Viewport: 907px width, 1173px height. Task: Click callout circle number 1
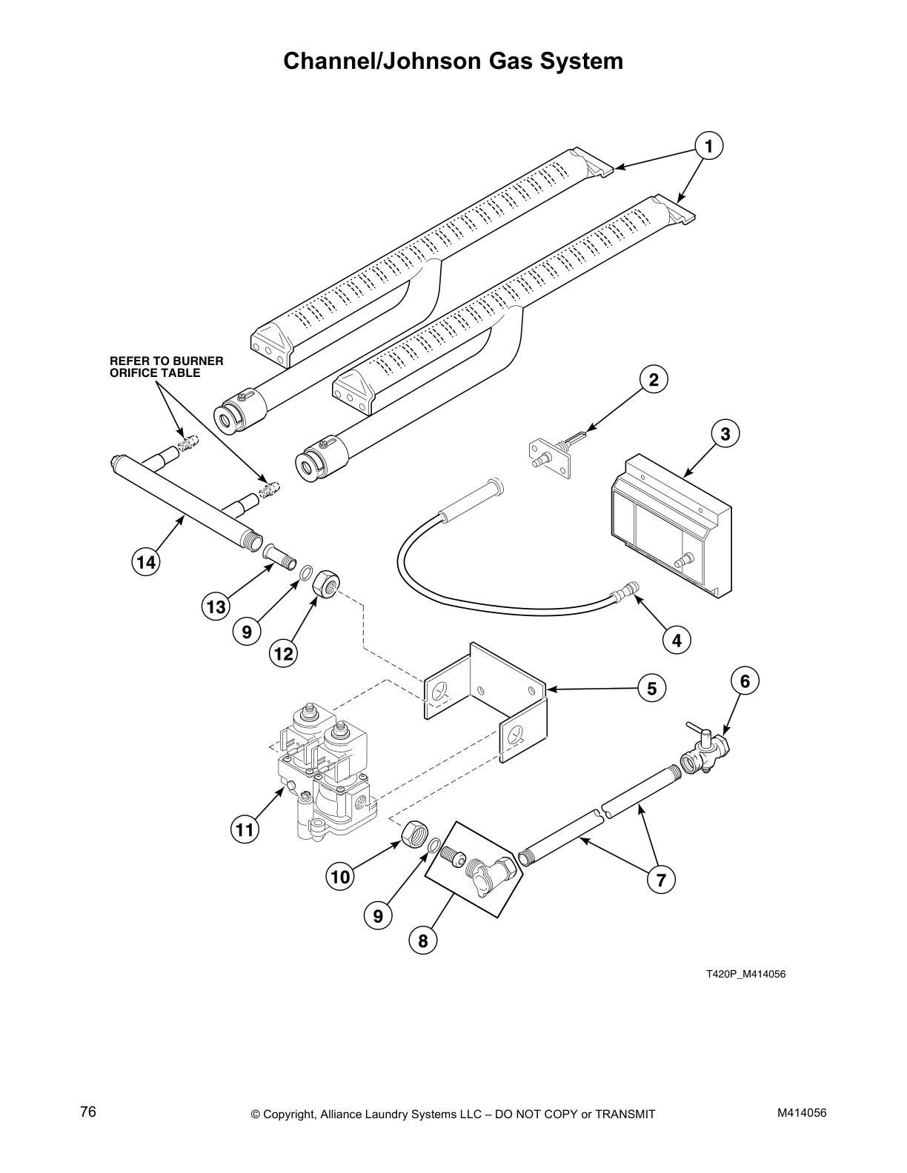pos(708,146)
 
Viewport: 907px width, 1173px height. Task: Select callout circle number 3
pos(725,433)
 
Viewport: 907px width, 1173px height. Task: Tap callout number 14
pos(146,562)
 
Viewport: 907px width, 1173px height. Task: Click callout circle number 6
pos(745,681)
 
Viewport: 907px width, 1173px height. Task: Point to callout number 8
pos(422,940)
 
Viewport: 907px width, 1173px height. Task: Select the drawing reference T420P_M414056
pos(745,974)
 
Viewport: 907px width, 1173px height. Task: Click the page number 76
pos(88,1112)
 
